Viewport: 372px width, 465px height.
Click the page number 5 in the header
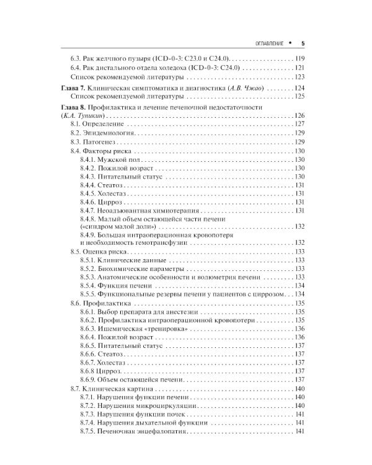point(302,43)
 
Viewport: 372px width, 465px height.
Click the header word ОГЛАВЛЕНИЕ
point(265,43)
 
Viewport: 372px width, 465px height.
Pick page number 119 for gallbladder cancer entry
point(299,58)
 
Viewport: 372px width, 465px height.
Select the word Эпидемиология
point(109,133)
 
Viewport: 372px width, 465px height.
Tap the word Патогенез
point(101,142)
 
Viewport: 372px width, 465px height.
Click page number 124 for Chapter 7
point(299,89)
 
